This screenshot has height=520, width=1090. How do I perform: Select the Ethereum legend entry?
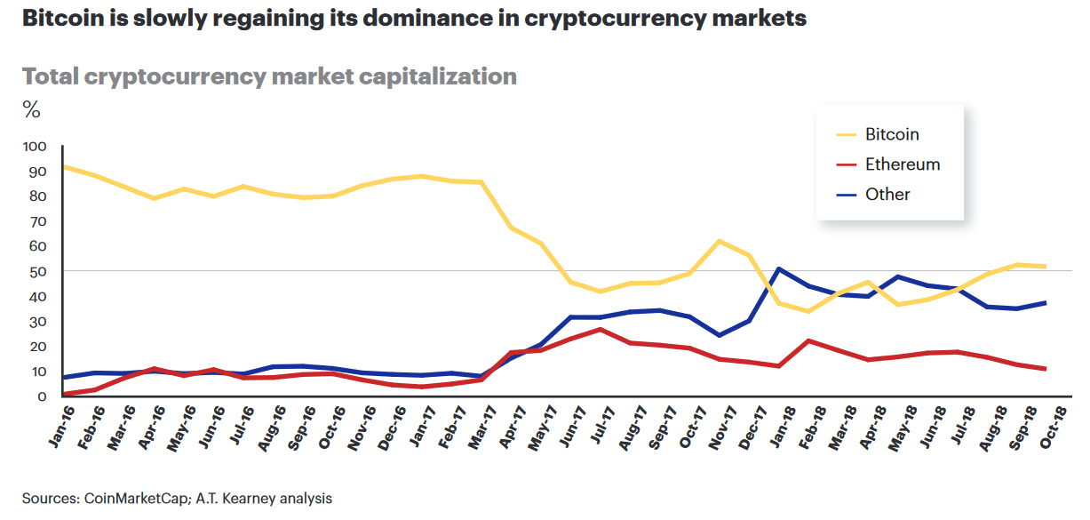coord(902,164)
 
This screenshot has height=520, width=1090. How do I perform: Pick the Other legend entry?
coord(887,194)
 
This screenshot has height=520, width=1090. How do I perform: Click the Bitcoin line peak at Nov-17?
coord(719,241)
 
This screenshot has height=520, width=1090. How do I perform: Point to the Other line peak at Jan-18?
coord(779,268)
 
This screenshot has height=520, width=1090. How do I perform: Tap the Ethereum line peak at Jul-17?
coord(601,329)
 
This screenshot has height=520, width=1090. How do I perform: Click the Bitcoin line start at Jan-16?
coord(63,166)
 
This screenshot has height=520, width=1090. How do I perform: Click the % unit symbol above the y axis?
coord(31,110)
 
